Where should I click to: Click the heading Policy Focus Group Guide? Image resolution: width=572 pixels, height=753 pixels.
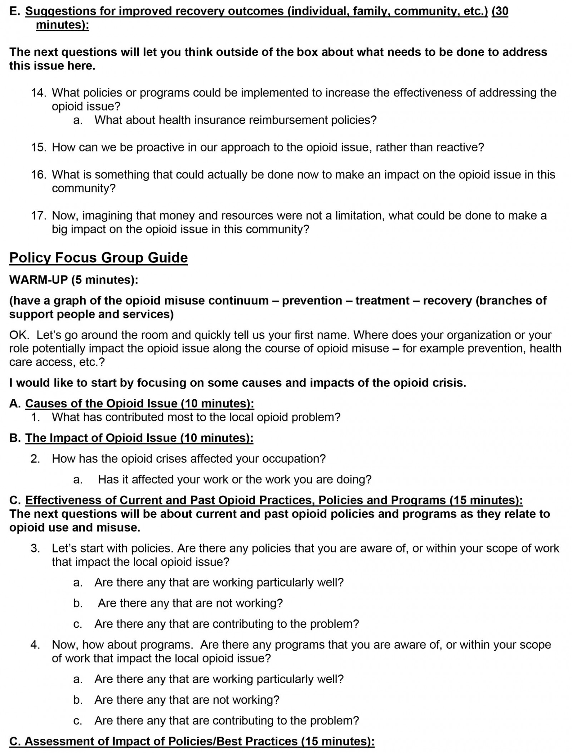pos(98,258)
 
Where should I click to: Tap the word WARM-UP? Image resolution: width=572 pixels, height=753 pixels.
pos(38,279)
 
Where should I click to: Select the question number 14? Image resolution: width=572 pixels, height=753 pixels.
pos(39,93)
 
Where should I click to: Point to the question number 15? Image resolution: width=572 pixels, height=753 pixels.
pos(39,147)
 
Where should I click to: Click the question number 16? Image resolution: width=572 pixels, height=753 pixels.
pos(39,174)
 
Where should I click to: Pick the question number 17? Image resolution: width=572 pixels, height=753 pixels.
pos(39,216)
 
